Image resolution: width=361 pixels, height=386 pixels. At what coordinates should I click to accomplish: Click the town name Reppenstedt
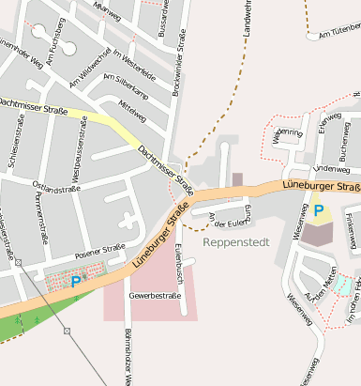pyautogui.click(x=235, y=242)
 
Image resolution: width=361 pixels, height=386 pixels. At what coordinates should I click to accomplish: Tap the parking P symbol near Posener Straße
pyautogui.click(x=76, y=280)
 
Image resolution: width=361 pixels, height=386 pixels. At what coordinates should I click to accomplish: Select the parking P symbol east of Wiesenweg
pyautogui.click(x=319, y=212)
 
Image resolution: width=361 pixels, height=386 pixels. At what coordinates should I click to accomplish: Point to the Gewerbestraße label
pyautogui.click(x=155, y=295)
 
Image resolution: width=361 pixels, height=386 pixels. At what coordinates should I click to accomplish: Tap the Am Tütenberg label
pyautogui.click(x=338, y=32)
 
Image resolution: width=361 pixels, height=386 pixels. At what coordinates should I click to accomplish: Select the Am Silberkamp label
pyautogui.click(x=125, y=86)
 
